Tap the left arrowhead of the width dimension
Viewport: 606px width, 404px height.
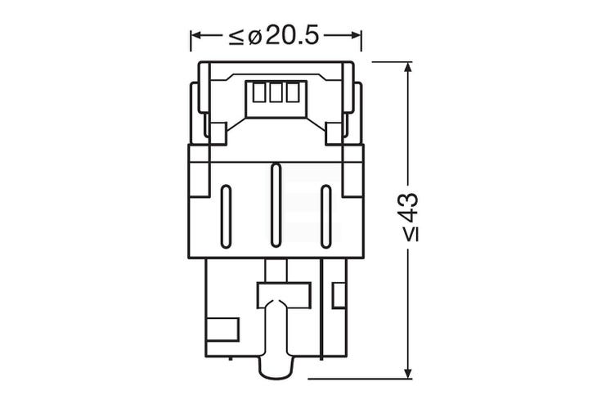[196, 36]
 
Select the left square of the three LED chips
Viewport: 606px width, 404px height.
[260, 93]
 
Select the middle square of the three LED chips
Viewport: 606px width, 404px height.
[276, 93]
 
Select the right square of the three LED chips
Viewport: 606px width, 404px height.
[291, 93]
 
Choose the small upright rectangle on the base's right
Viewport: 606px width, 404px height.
[338, 293]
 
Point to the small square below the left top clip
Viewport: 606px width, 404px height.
[217, 132]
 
